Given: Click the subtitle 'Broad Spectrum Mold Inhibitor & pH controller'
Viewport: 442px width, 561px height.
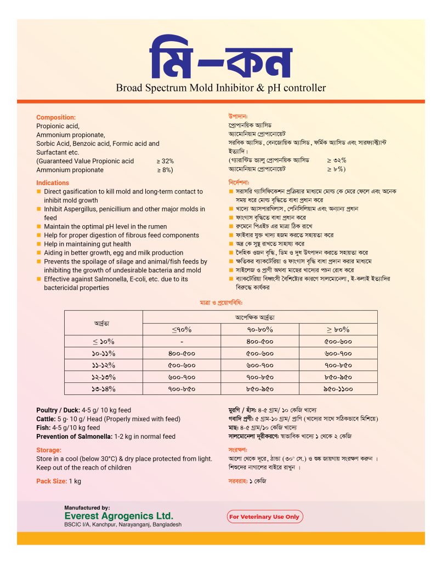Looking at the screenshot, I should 220,88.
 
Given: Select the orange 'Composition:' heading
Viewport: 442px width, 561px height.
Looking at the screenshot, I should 56,117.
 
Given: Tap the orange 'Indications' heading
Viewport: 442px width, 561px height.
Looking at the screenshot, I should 53,183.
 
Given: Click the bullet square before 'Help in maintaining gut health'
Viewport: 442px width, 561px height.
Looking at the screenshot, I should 39,244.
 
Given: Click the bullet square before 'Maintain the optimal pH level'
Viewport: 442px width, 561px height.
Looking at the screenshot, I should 39,227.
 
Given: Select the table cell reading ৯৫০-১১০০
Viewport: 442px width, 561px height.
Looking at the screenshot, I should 338,388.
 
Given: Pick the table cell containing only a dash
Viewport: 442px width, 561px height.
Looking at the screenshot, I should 182,341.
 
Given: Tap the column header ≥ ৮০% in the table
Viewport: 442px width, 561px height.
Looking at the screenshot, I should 338,329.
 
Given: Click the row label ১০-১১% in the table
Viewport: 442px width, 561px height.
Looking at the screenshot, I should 104,353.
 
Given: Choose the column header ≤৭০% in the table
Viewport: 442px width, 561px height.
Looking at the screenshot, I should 182,329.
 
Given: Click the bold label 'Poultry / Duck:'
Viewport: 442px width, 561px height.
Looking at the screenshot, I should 58,410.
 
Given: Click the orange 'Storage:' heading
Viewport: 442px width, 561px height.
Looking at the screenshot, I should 49,450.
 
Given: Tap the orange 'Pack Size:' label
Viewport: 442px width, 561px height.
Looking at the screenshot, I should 52,481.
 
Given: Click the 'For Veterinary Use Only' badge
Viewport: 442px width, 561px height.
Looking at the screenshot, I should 265,517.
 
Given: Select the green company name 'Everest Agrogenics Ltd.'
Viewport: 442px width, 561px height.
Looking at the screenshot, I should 118,516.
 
